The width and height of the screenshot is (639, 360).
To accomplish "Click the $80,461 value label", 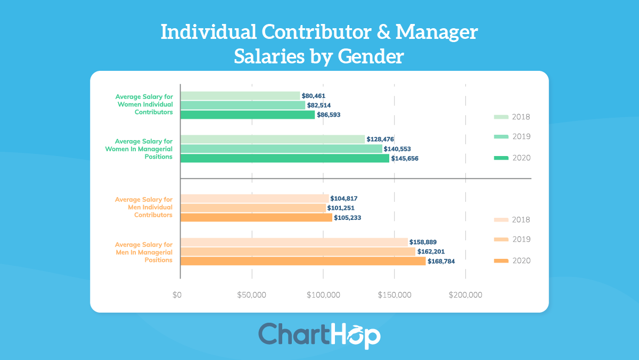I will (313, 96).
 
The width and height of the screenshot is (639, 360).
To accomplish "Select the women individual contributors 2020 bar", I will (248, 114).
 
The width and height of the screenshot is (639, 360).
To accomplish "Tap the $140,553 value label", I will (397, 149).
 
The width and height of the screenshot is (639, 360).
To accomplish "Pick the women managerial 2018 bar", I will (273, 139).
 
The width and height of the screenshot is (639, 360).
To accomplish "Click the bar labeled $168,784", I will (303, 261).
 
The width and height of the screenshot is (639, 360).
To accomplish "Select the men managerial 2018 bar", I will (294, 242).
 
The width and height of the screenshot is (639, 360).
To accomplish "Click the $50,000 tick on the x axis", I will (252, 295).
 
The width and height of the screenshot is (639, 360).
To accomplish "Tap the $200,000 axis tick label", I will (466, 295).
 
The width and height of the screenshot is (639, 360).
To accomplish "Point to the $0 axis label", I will (177, 295).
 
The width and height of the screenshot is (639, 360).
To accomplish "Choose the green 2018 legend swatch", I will (501, 117).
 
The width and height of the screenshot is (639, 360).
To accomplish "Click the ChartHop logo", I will (319, 335).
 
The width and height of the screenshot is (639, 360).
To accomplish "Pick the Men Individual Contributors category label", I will (144, 207).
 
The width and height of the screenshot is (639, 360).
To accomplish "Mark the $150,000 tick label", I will (395, 295).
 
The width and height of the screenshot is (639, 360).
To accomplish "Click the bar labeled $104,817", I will (255, 198).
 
